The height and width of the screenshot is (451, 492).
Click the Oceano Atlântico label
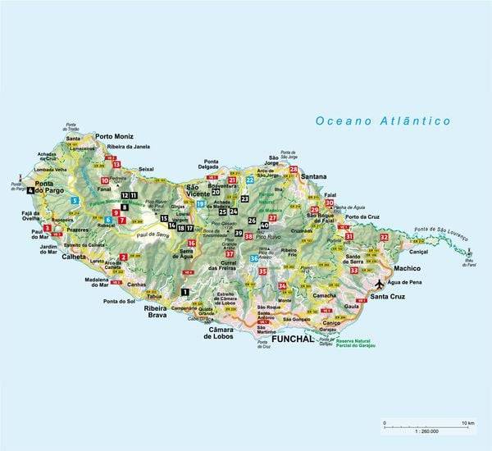pos(384,121)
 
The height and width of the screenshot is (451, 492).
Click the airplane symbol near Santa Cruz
pos(379,284)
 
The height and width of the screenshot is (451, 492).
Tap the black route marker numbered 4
pos(31,189)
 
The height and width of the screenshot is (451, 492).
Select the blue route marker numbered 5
pos(74,200)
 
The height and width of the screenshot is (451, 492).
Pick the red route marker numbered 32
pos(384,237)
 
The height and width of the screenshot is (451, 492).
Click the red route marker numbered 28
pos(294,170)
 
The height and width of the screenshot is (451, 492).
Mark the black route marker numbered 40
pos(264,225)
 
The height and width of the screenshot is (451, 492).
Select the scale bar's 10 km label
pos(467,423)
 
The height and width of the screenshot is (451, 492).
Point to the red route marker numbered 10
pos(105,180)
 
